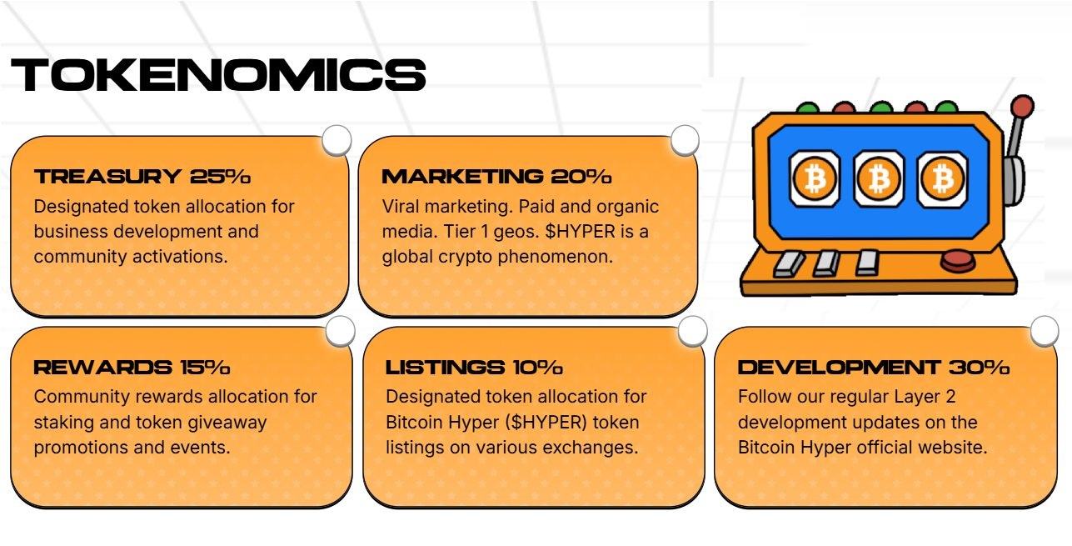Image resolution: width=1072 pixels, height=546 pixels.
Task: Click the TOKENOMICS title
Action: click(218, 75)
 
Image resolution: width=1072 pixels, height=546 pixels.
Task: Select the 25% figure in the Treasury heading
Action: click(220, 177)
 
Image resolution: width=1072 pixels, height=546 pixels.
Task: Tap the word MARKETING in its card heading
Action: click(461, 177)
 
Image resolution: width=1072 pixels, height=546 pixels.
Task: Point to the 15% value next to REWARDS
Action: click(204, 368)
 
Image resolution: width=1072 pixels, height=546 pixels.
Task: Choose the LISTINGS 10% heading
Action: click(474, 368)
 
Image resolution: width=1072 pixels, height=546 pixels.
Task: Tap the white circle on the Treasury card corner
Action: click(337, 141)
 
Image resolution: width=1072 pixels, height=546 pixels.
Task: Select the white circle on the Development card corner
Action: click(1045, 331)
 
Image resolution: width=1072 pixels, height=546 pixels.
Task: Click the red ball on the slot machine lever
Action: click(1022, 106)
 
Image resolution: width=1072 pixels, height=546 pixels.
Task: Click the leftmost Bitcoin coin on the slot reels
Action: click(814, 178)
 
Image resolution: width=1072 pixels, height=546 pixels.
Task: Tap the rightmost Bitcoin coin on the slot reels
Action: click(942, 178)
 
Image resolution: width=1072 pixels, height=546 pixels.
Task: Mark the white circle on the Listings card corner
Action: click(693, 331)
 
